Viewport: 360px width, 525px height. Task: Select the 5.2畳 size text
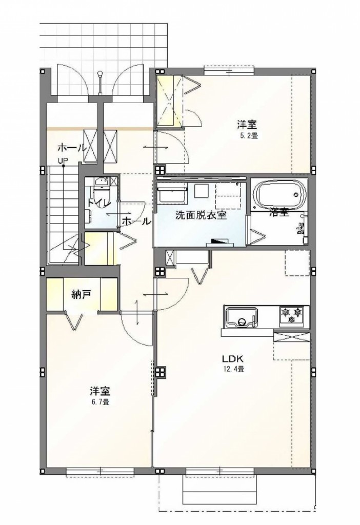coord(246,136)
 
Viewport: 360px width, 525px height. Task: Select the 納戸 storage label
coord(81,294)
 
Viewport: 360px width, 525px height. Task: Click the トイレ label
coord(98,203)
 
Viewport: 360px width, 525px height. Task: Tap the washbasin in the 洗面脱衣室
coord(171,194)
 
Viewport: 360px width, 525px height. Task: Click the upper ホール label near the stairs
coord(71,148)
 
